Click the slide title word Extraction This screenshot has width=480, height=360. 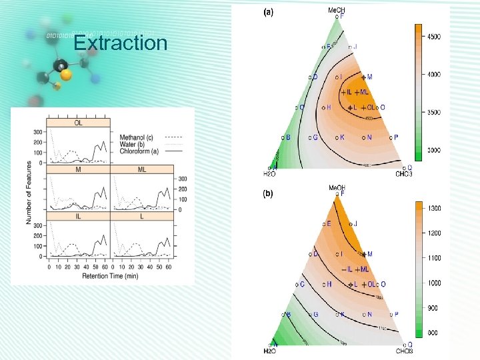120,43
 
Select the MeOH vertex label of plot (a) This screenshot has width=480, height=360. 337,10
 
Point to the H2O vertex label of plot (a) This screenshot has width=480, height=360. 271,175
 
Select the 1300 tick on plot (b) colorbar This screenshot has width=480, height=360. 434,209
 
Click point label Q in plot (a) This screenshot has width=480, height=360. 409,167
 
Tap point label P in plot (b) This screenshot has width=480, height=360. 396,314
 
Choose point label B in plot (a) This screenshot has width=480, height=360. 288,137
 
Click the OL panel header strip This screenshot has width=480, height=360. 79,123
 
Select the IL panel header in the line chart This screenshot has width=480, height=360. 79,216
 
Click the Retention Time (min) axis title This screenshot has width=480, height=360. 110,275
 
